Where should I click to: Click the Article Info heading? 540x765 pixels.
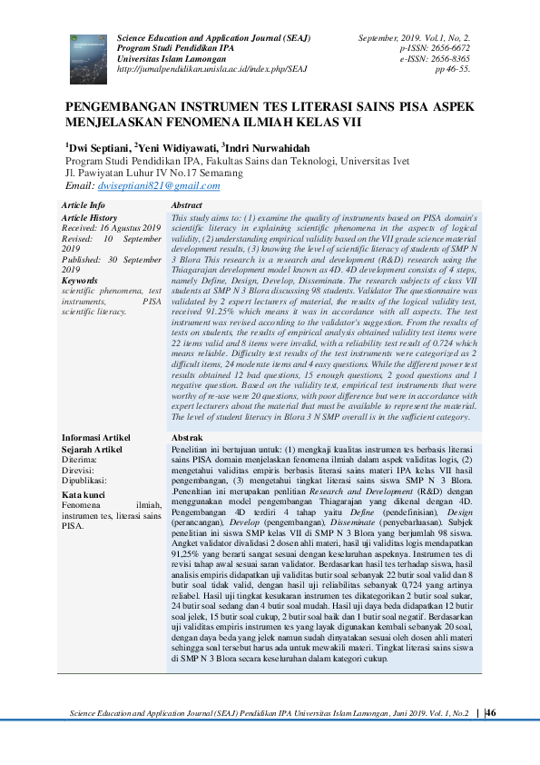[x=83, y=206]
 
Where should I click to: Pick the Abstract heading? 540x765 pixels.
[x=186, y=206]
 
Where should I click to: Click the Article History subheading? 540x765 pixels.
[x=89, y=218]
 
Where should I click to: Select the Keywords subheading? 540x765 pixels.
[x=79, y=281]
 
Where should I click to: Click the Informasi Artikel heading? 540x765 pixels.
[x=94, y=438]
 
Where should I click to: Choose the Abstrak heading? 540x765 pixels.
[x=186, y=438]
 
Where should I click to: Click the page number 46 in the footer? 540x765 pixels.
[x=490, y=713]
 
